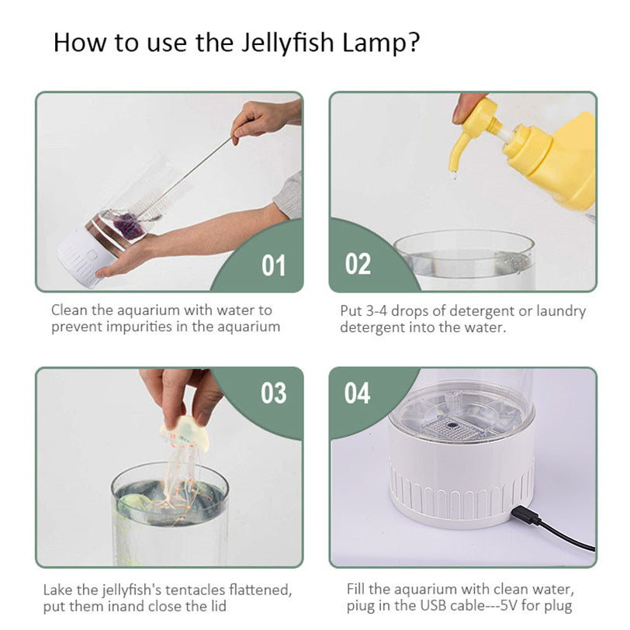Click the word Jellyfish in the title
pyautogui.click(x=287, y=43)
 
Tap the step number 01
pyautogui.click(x=273, y=265)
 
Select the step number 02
pyautogui.click(x=358, y=264)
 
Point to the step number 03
pyautogui.click(x=274, y=393)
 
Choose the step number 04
pyautogui.click(x=357, y=393)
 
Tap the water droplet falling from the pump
pyautogui.click(x=455, y=175)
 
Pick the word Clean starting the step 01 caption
pyautogui.click(x=69, y=310)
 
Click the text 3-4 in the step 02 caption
pyautogui.click(x=376, y=311)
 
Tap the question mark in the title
pyautogui.click(x=413, y=43)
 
